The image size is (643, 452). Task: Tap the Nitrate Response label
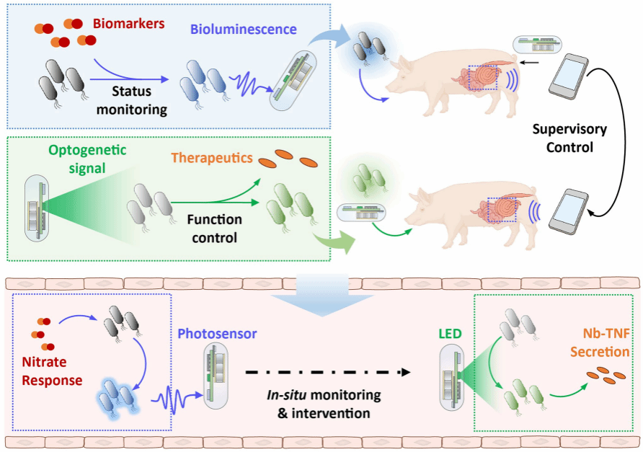[x=52, y=368]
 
